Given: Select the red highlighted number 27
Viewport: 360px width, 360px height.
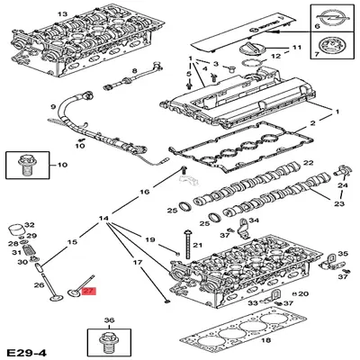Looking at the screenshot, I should (88, 292).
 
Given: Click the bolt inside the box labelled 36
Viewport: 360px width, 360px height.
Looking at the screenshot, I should (108, 343).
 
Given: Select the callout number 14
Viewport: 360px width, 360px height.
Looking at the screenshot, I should (103, 219).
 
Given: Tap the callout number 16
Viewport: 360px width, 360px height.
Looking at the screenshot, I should (144, 193).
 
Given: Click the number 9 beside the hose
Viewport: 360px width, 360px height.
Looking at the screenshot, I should (54, 106).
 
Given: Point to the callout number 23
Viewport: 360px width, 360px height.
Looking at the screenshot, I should (338, 204).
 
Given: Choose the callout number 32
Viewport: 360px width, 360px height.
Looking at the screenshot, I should (29, 225).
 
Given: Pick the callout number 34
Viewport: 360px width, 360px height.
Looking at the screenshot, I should (254, 220).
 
